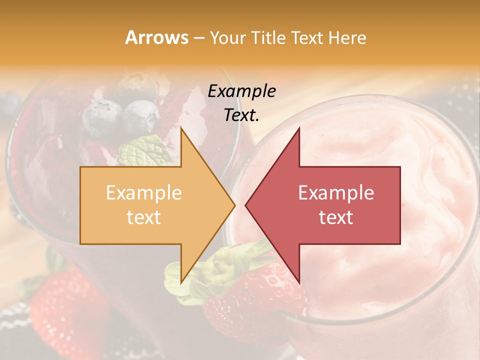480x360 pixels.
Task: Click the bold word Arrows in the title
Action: click(x=156, y=37)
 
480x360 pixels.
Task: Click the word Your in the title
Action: click(x=228, y=37)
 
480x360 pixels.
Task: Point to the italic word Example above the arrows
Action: click(x=242, y=91)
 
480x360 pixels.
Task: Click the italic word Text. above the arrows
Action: click(x=242, y=115)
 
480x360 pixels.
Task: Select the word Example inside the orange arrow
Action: click(x=144, y=193)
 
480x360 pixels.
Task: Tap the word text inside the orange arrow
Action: click(x=144, y=217)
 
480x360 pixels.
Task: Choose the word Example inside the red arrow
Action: click(x=336, y=193)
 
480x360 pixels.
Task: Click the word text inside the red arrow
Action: click(x=336, y=217)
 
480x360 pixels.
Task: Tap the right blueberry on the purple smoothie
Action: click(x=140, y=116)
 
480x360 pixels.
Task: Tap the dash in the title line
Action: click(x=198, y=38)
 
